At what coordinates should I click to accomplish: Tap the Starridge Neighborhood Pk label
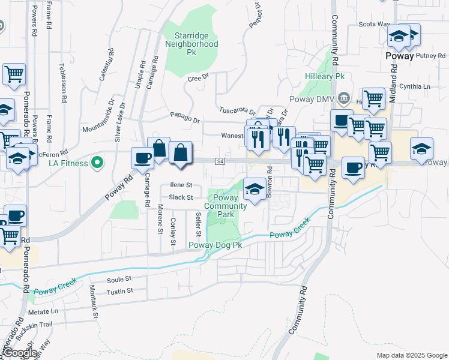(191, 44)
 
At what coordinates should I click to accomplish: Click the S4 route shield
(220, 161)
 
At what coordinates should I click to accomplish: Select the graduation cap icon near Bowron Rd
(255, 189)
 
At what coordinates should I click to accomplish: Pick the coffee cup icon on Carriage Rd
(142, 158)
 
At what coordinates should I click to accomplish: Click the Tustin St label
(119, 292)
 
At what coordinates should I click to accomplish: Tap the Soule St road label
(119, 279)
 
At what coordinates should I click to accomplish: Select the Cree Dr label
(197, 78)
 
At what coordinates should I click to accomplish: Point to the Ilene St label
(181, 185)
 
